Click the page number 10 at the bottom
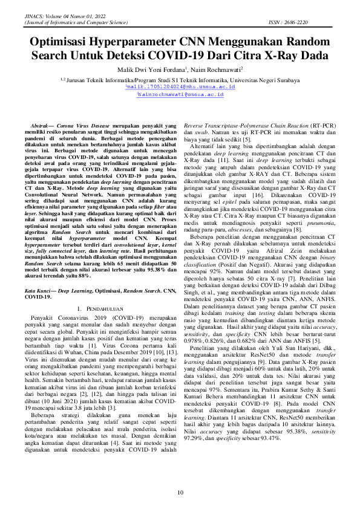coord(180,493)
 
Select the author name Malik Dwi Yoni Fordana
coord(151,70)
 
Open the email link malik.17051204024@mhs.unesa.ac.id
coord(180,87)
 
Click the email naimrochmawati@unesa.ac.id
coord(180,95)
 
